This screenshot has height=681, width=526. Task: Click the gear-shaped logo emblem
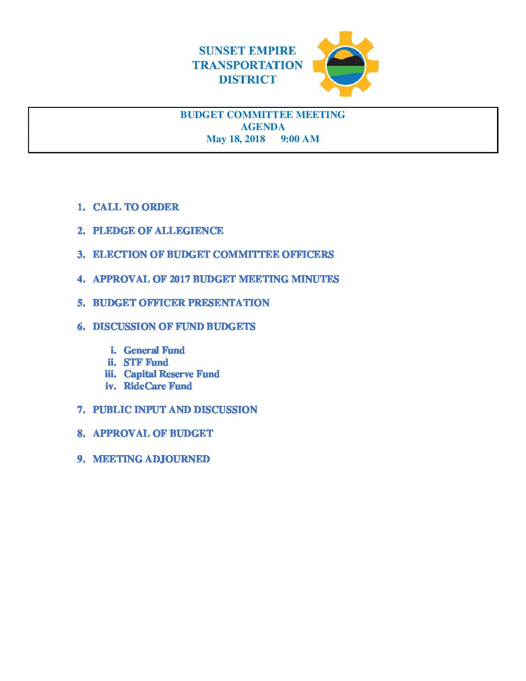pyautogui.click(x=345, y=64)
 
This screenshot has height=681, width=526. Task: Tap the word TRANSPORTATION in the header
pyautogui.click(x=247, y=65)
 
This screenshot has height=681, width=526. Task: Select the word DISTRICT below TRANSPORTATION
pyautogui.click(x=247, y=80)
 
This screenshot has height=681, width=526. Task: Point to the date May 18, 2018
pyautogui.click(x=235, y=139)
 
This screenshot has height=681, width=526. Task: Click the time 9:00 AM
pyautogui.click(x=300, y=139)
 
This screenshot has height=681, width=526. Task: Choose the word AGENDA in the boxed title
pyautogui.click(x=263, y=127)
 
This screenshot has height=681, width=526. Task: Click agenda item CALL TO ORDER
pyautogui.click(x=136, y=207)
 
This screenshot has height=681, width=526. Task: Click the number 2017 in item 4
pyautogui.click(x=179, y=279)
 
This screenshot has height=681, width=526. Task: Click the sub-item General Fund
pyautogui.click(x=154, y=350)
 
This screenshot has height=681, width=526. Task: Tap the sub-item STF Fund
pyautogui.click(x=146, y=362)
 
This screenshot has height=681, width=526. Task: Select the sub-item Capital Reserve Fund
pyautogui.click(x=172, y=374)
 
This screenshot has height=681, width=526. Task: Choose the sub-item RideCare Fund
pyautogui.click(x=158, y=386)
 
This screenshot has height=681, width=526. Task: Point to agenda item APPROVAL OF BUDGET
pyautogui.click(x=153, y=433)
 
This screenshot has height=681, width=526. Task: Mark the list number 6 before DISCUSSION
pyautogui.click(x=81, y=327)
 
